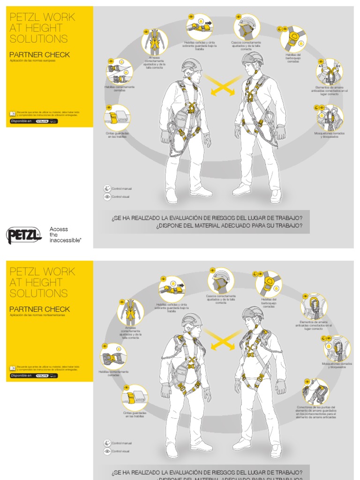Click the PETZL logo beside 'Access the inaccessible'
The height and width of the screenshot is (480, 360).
(24, 235)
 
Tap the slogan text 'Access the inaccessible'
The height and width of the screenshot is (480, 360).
(65, 234)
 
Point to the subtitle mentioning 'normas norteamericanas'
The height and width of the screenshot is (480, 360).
(37, 315)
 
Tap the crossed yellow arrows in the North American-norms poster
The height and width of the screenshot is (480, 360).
(224, 339)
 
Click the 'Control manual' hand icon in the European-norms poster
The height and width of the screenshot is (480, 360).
(107, 188)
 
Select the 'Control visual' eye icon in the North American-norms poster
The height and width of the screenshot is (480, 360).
(107, 451)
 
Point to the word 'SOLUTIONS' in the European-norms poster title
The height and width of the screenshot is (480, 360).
(38, 39)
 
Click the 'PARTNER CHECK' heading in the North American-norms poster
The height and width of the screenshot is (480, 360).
(39, 309)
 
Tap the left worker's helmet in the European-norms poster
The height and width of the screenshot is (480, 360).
(192, 65)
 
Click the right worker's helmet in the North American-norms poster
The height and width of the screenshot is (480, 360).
(253, 313)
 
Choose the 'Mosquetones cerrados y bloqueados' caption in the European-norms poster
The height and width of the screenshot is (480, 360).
(329, 135)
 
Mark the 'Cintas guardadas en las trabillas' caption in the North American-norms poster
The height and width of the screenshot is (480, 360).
(135, 414)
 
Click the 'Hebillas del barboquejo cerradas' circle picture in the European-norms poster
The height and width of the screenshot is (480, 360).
(293, 38)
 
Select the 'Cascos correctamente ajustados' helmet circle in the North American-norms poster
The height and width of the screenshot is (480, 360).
(221, 281)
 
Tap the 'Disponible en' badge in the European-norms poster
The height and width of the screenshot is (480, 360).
(34, 121)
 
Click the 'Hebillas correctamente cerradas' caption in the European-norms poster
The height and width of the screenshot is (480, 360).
(120, 88)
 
